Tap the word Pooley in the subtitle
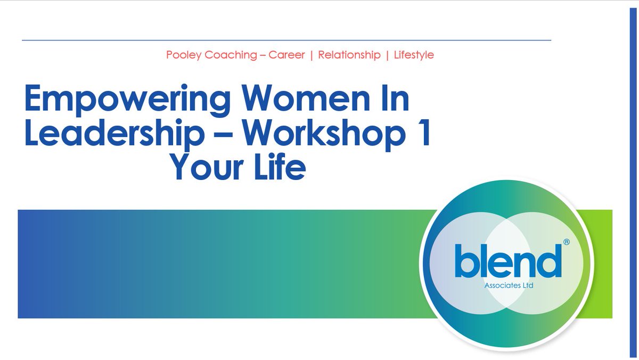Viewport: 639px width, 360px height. (x=182, y=55)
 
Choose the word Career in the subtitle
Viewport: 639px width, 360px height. (x=286, y=55)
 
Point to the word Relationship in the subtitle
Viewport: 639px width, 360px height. (x=349, y=55)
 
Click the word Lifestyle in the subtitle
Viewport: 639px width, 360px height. (x=414, y=55)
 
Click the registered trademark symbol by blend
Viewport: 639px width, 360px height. (x=567, y=242)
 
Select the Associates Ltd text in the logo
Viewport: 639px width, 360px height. (x=509, y=285)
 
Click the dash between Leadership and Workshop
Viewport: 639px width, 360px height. (x=222, y=135)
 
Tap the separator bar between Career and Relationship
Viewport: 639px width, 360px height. (x=312, y=55)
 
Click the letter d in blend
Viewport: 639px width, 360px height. (x=552, y=259)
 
